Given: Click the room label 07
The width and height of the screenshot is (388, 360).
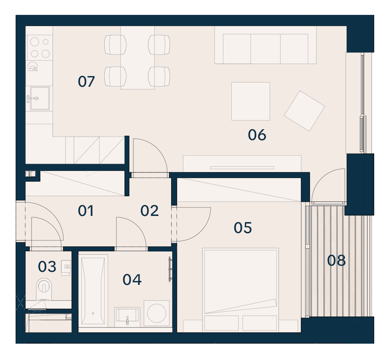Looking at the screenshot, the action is [x=86, y=82].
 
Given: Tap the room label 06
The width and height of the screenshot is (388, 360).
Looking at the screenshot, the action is [x=257, y=135].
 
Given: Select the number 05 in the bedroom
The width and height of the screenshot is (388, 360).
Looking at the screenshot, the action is [x=243, y=228].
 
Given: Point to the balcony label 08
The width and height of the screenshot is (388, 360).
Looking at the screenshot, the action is [x=336, y=260].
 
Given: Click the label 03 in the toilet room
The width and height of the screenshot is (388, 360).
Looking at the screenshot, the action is [x=47, y=266].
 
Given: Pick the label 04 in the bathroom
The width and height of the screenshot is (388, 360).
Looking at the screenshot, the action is [x=132, y=280].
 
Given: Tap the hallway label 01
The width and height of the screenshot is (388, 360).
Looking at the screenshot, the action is [x=86, y=211].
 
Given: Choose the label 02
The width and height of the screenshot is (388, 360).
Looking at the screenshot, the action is [x=149, y=210].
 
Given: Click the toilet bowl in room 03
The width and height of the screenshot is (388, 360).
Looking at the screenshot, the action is [x=44, y=289].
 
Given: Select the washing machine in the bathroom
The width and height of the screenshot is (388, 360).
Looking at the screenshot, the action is [x=157, y=313].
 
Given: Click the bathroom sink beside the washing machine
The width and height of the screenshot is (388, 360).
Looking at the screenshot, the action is [x=128, y=317].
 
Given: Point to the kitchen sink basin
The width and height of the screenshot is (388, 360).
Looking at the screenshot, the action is [x=40, y=98].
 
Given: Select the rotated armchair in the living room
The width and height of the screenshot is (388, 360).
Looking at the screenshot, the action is [x=304, y=111].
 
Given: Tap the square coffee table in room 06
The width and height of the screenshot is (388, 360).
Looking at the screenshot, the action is [x=251, y=101].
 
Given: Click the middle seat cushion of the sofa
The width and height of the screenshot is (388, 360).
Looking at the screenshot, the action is [x=266, y=49].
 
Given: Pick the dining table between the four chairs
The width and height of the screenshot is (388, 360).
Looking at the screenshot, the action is [x=138, y=58].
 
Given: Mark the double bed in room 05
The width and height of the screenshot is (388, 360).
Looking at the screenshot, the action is [x=241, y=290].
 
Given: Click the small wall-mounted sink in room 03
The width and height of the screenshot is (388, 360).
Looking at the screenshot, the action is [x=66, y=267].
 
